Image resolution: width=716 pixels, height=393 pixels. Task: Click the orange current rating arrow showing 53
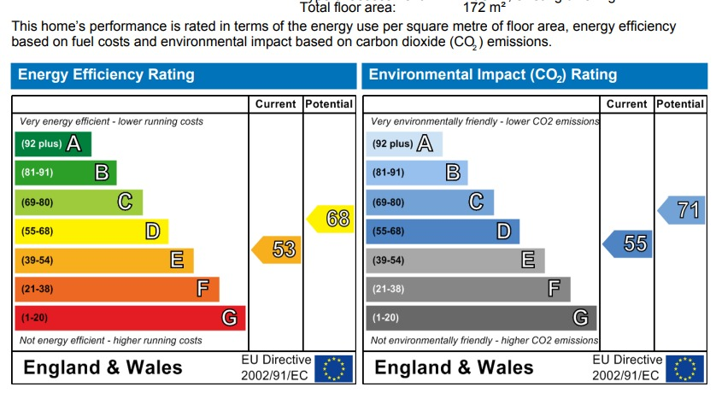click(278, 249)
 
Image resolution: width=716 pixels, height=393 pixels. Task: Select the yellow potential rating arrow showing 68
click(332, 219)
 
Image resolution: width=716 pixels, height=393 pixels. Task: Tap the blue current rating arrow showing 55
click(629, 243)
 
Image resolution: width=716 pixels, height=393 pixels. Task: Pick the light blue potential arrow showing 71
click(683, 210)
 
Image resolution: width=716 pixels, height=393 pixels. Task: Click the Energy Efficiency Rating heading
click(106, 75)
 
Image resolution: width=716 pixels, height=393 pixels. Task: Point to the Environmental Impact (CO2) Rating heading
click(493, 75)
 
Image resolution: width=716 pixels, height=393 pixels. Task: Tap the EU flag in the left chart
click(334, 368)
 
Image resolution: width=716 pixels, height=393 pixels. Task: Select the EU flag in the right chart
click(685, 368)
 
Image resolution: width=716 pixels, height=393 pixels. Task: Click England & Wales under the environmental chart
click(455, 368)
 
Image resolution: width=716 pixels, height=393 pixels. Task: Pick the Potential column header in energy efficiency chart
click(329, 104)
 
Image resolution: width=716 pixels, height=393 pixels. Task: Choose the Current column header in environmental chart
click(627, 104)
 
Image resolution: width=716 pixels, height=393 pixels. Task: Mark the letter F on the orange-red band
click(202, 289)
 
